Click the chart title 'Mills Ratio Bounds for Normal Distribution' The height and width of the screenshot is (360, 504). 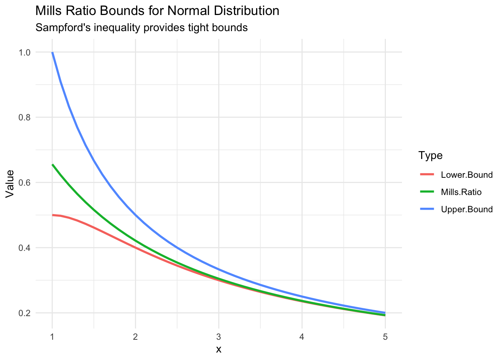(157, 11)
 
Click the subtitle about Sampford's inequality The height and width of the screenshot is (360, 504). (141, 28)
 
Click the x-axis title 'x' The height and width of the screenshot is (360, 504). (219, 349)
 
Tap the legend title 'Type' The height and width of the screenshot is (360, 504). (430, 155)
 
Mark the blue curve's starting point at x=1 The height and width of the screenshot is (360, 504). (52, 52)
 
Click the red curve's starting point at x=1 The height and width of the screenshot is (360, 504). (52, 215)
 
